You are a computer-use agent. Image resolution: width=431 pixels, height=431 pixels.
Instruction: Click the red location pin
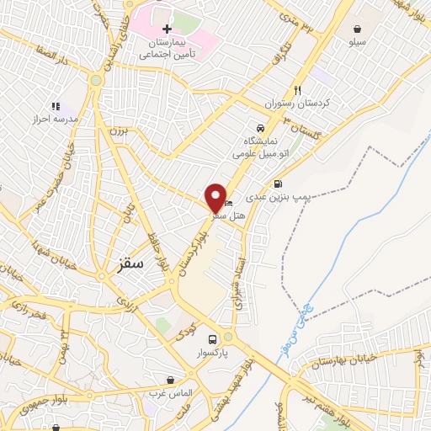click(x=215, y=198)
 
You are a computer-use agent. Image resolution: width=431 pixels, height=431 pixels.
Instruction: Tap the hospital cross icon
click(x=168, y=29)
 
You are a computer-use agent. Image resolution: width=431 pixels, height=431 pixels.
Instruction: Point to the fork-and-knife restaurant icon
click(x=297, y=90)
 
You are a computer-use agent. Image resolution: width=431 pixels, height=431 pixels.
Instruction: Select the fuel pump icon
click(x=278, y=184)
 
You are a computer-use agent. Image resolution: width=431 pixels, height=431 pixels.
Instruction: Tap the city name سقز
click(x=127, y=263)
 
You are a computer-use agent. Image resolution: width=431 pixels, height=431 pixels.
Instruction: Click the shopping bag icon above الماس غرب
click(x=173, y=380)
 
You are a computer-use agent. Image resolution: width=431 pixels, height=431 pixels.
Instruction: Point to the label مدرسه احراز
click(x=55, y=120)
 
